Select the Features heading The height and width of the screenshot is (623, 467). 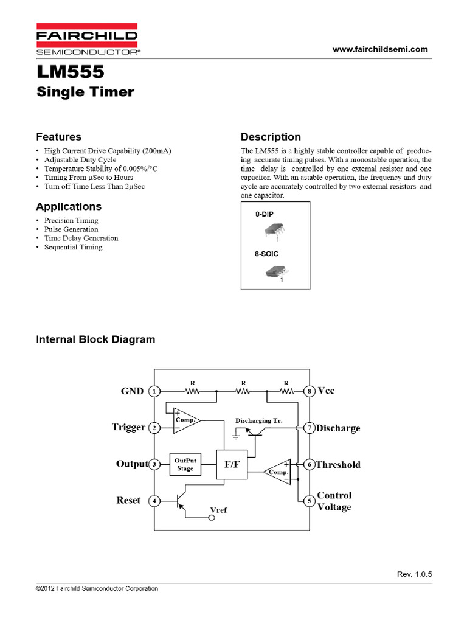tap(58, 137)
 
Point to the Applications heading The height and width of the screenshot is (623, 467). tap(69, 206)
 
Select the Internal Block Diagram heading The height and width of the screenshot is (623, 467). tap(95, 339)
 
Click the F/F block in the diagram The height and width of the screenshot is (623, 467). tap(232, 464)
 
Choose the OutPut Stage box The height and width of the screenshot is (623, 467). tap(185, 464)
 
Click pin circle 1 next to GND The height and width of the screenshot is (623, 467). tap(155, 391)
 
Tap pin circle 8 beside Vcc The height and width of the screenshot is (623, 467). tap(309, 391)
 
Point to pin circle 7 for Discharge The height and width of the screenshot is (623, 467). tap(309, 428)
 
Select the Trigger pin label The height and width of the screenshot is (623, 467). tap(128, 427)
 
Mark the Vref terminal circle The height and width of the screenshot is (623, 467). tap(212, 518)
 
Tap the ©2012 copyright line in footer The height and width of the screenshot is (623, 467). tap(97, 588)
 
